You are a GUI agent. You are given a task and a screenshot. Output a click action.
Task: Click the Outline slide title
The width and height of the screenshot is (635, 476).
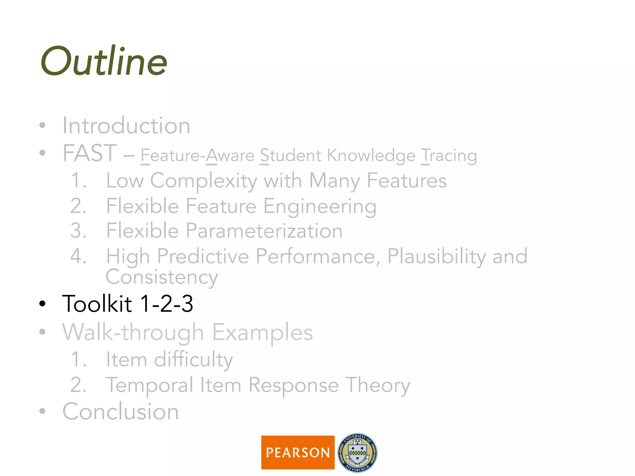(x=104, y=61)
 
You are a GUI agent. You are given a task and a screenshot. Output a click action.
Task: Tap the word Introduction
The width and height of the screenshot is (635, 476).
(x=126, y=126)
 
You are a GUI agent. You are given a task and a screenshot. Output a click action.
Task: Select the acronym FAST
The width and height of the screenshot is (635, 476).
(x=90, y=153)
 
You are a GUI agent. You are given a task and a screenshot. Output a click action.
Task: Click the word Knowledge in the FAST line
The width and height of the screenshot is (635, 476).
(x=371, y=156)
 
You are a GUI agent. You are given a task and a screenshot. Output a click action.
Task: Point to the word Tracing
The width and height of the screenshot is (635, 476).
(x=449, y=156)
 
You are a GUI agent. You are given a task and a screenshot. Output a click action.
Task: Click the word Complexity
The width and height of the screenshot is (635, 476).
(x=203, y=181)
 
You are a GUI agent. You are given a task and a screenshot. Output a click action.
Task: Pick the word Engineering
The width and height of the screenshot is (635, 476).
(x=320, y=206)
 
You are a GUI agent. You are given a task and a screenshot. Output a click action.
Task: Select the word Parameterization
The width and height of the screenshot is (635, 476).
(x=264, y=231)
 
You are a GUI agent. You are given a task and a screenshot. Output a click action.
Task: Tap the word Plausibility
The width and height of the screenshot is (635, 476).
(x=437, y=257)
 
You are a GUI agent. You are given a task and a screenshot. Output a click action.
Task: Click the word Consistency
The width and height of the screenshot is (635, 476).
(x=162, y=277)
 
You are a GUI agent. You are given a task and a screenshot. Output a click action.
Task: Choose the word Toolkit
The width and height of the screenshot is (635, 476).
(x=97, y=304)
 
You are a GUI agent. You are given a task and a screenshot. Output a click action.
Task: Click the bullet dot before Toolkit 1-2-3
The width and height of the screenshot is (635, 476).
(x=42, y=304)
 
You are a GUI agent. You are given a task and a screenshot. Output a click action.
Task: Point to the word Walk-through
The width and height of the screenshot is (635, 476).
(x=133, y=332)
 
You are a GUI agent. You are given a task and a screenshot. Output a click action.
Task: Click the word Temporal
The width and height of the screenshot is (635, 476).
(x=149, y=385)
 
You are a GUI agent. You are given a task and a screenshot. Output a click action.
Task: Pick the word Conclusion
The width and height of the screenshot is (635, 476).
(x=121, y=412)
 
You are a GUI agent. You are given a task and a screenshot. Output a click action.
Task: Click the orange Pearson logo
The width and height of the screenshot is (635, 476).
(x=298, y=452)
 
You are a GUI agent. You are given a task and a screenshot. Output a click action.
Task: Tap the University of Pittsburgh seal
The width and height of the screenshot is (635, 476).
(x=357, y=452)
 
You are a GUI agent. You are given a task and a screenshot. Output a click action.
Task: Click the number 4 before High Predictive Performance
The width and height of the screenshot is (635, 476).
(x=78, y=257)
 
